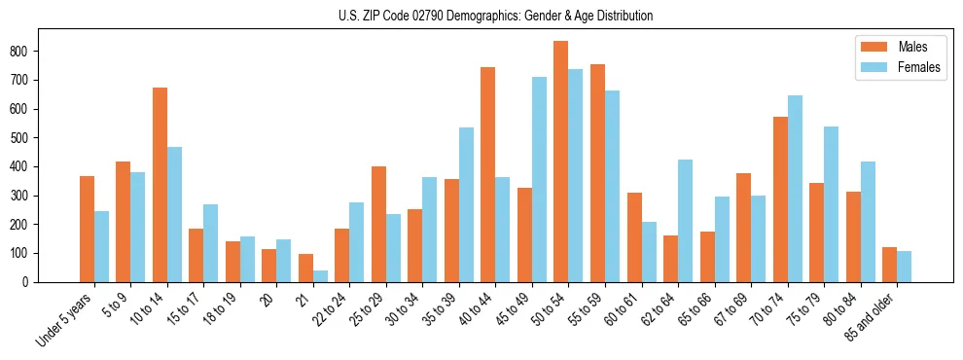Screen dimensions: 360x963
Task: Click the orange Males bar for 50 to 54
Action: (x=560, y=162)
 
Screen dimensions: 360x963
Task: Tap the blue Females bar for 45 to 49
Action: (x=539, y=180)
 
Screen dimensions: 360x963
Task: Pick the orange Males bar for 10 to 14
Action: (x=160, y=185)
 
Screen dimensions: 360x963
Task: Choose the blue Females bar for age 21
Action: (x=320, y=276)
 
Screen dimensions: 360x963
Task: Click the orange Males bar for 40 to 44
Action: (x=487, y=175)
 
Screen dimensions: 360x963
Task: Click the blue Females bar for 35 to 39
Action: (x=466, y=205)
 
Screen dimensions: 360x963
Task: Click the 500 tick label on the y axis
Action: (x=27, y=137)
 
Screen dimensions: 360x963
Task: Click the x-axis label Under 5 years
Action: (x=65, y=319)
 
